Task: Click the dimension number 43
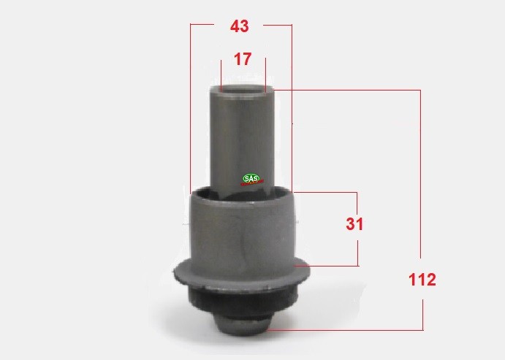(239, 26)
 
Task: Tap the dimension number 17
(242, 59)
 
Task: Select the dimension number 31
(354, 224)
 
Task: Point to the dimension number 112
(422, 280)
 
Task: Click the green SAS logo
(251, 179)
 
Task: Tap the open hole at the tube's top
(242, 89)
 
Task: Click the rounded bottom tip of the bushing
(242, 324)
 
